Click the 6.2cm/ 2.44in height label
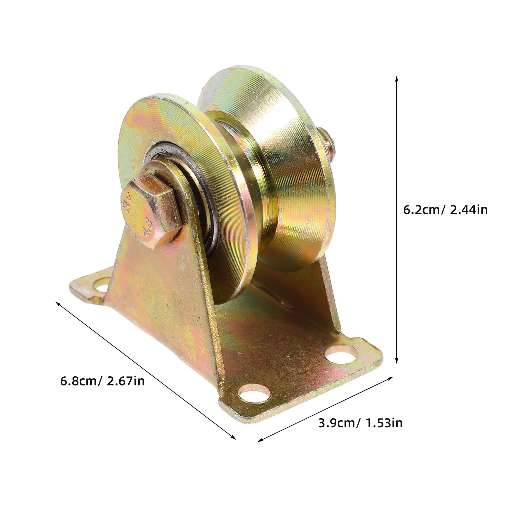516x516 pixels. pos(445,210)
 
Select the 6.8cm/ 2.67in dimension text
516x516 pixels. pos(102,381)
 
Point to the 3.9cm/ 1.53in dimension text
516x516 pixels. pos(360,423)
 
